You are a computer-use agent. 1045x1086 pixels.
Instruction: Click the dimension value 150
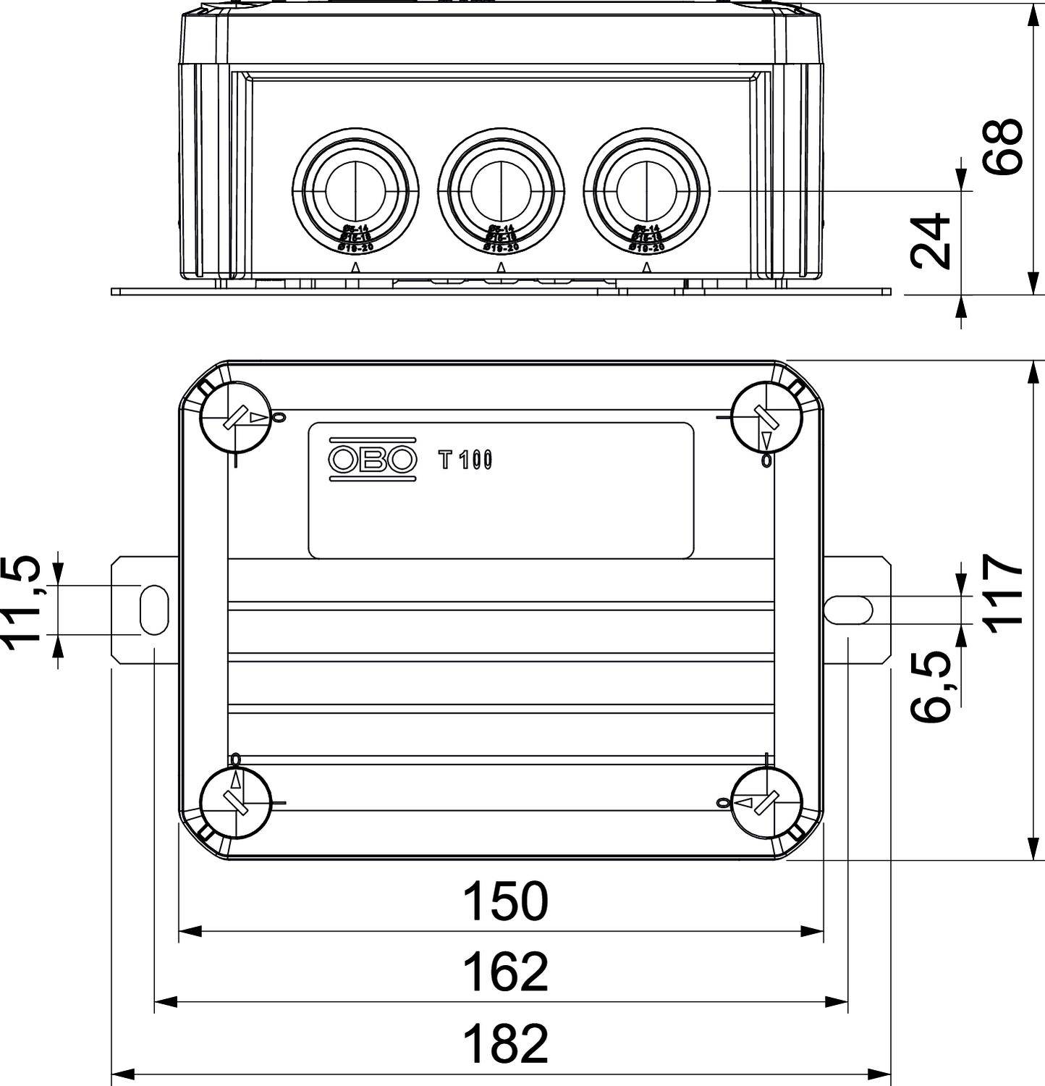click(x=505, y=902)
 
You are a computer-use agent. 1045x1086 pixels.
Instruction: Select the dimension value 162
click(x=505, y=972)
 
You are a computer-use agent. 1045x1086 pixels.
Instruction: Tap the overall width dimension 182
click(x=505, y=1043)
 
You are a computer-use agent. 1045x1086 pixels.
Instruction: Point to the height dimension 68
click(x=1003, y=147)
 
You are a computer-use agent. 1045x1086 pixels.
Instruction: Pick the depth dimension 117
click(x=1003, y=594)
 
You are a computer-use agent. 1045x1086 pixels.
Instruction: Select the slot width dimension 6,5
click(x=931, y=686)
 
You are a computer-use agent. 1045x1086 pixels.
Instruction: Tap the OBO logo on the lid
click(x=373, y=458)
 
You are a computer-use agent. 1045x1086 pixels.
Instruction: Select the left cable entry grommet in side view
click(x=355, y=190)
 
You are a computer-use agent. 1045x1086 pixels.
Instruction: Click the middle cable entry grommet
click(x=501, y=190)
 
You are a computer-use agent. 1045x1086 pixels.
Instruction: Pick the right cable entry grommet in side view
click(x=646, y=190)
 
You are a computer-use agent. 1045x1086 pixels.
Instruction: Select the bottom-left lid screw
click(x=235, y=803)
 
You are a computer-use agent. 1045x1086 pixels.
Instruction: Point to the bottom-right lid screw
click(x=766, y=803)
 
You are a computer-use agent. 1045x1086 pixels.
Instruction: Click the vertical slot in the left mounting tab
click(x=153, y=610)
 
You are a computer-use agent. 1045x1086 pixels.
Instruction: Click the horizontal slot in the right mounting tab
click(x=847, y=610)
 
